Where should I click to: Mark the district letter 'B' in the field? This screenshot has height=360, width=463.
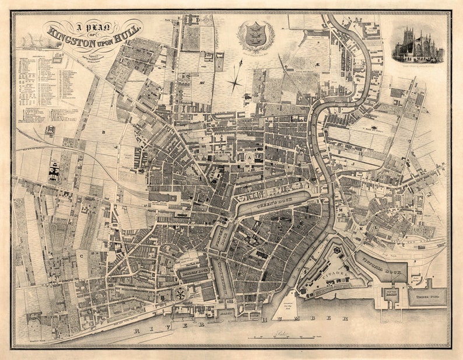tap(103, 132)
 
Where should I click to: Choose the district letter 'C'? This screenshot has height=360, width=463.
tap(82, 255)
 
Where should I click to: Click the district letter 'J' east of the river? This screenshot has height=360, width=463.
tap(353, 165)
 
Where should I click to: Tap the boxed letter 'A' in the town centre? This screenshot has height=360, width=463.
tap(248, 157)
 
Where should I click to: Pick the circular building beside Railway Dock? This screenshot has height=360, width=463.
tap(181, 293)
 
